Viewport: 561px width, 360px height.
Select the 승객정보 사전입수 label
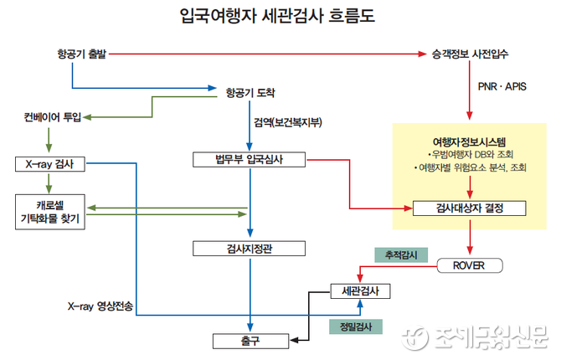point(470,54)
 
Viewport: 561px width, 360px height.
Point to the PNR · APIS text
point(502,87)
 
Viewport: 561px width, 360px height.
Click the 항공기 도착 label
point(250,91)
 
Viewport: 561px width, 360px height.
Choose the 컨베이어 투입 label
point(53,117)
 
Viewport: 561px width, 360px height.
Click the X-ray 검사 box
point(50,163)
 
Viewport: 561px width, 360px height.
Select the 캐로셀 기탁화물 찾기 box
point(50,211)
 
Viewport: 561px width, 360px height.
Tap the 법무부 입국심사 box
point(249,159)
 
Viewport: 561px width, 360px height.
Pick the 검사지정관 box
point(249,248)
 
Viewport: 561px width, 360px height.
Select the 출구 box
point(249,340)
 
